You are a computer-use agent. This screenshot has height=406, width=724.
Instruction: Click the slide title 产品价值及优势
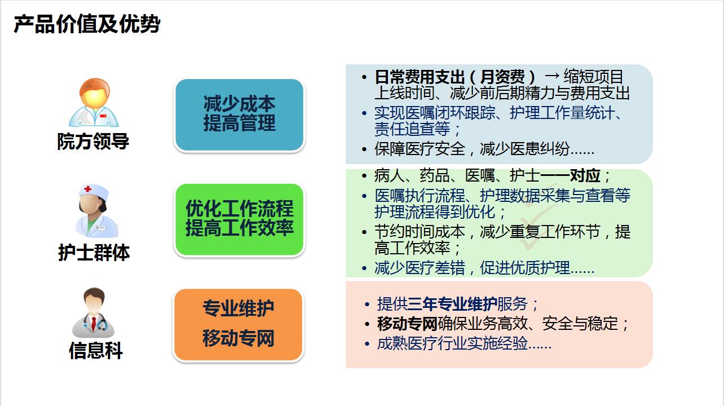pyautogui.click(x=87, y=24)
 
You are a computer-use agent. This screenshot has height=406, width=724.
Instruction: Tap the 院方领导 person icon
pyautogui.click(x=94, y=103)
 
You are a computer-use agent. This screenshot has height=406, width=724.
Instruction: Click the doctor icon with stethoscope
pyautogui.click(x=94, y=313)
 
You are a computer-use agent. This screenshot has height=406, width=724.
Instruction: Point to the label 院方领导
pyautogui.click(x=93, y=142)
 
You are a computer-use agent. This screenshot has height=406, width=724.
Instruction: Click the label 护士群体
pyautogui.click(x=94, y=253)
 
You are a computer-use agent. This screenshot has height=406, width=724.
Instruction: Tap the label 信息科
pyautogui.click(x=95, y=351)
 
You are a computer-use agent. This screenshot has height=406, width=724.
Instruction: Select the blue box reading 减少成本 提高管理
pyautogui.click(x=239, y=114)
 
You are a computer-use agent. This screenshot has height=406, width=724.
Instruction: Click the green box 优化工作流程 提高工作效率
pyautogui.click(x=239, y=219)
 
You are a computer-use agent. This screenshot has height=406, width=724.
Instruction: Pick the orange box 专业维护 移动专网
pyautogui.click(x=238, y=324)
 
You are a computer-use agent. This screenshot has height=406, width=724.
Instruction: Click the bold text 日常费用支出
pyautogui.click(x=420, y=77)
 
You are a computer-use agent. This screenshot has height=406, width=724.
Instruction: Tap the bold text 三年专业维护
pyautogui.click(x=452, y=304)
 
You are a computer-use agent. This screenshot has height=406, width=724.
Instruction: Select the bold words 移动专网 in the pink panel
pyautogui.click(x=407, y=324)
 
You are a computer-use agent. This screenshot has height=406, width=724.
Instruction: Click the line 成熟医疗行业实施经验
pyautogui.click(x=463, y=343)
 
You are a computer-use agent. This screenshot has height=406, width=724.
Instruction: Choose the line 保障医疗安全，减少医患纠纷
pyautogui.click(x=484, y=149)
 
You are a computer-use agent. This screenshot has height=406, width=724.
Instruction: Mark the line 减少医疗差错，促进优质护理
pyautogui.click(x=484, y=268)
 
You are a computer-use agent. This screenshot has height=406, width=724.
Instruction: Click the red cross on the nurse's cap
pyautogui.click(x=87, y=189)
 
